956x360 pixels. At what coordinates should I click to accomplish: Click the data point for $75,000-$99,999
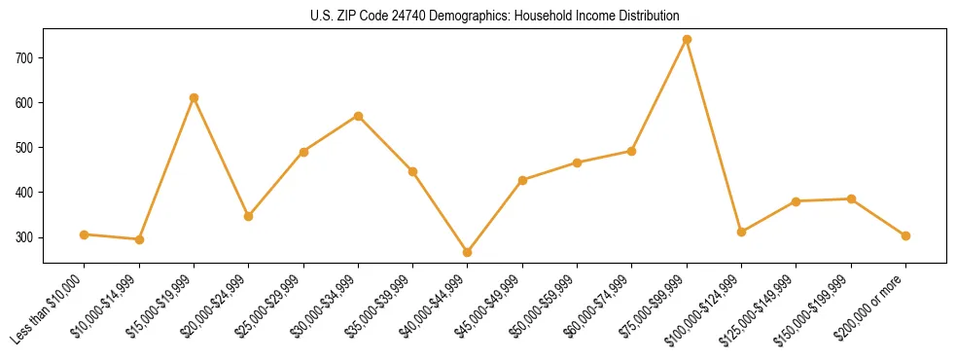click(687, 40)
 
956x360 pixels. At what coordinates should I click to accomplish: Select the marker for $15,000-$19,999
click(195, 97)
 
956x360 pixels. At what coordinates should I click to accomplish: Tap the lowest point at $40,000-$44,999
click(468, 252)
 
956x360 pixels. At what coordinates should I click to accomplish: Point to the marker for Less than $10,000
click(85, 234)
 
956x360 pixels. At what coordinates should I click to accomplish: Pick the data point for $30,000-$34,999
click(359, 116)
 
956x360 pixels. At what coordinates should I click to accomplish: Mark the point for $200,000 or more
click(905, 235)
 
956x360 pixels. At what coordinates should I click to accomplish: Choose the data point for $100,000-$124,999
click(741, 232)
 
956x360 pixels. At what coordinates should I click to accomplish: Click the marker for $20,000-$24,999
click(249, 216)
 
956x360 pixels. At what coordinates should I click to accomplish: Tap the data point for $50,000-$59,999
click(578, 162)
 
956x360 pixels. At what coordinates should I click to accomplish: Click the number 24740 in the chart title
click(420, 16)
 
